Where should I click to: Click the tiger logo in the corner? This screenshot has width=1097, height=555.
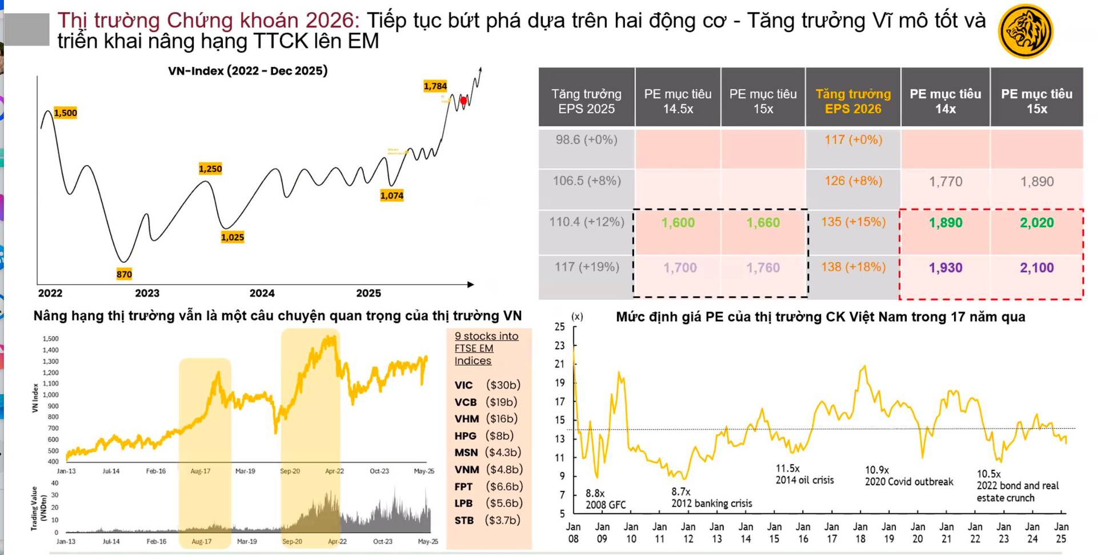[x=1025, y=31]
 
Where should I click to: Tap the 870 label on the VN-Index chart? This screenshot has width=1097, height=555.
[x=124, y=274]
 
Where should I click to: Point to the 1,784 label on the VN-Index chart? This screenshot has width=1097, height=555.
[x=435, y=86]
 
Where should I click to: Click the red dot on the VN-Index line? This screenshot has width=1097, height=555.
[x=463, y=101]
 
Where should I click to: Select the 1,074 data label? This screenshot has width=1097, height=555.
[x=391, y=196]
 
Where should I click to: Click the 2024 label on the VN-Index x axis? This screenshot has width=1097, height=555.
[x=262, y=293]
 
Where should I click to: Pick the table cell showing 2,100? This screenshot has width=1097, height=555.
[x=1036, y=267]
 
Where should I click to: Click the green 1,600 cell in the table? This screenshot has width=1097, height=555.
[x=678, y=223]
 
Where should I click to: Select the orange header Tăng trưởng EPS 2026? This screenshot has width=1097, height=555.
[x=852, y=101]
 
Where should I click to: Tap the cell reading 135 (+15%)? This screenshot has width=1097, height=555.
[x=852, y=222]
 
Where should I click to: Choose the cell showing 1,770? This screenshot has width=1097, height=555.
[x=945, y=182]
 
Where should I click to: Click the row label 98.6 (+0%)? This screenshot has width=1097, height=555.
[x=586, y=140]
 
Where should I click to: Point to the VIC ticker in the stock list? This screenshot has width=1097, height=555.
[x=463, y=385]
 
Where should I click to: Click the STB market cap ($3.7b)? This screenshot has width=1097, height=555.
[x=502, y=520]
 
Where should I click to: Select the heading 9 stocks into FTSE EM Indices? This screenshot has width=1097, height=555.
[x=486, y=348]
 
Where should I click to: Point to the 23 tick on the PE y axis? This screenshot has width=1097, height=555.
[x=559, y=345]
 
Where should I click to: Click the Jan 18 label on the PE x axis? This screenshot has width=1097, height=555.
[x=860, y=532]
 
